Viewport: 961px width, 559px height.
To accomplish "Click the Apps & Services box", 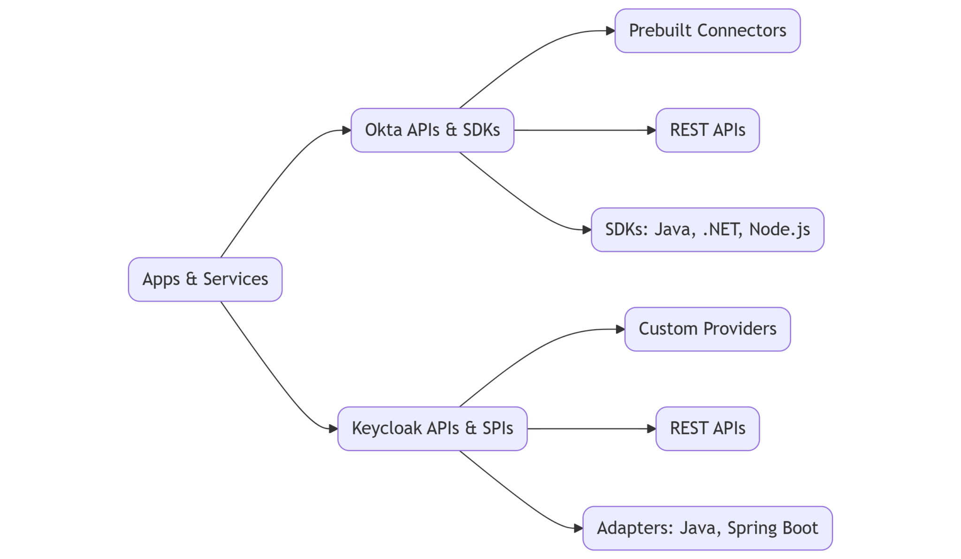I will [205, 279].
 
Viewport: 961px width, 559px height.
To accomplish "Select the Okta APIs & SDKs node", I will [432, 130].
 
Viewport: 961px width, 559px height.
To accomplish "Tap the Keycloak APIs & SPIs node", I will [432, 428].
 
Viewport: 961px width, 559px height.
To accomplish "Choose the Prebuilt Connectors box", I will [707, 31].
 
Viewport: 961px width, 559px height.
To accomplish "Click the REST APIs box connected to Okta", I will [707, 130].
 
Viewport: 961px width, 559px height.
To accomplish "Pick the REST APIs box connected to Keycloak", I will [707, 428].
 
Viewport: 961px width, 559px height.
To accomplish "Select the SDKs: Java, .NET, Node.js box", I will [707, 230].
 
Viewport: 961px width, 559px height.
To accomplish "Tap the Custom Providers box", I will [707, 329].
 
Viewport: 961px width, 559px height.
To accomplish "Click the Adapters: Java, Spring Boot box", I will [707, 528].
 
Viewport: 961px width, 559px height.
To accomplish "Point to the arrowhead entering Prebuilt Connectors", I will [610, 31].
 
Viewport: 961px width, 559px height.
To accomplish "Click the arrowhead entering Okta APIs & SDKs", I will [346, 131].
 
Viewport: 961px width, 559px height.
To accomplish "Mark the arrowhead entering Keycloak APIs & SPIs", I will [333, 429].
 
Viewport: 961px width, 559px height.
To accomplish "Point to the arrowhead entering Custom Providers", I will [620, 329].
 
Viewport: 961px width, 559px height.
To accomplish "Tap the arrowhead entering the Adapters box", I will [578, 528].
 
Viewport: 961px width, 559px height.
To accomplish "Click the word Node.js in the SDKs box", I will [779, 230].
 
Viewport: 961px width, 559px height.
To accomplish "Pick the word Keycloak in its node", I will [387, 428].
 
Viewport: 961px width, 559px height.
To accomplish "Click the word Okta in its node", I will [383, 130].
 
